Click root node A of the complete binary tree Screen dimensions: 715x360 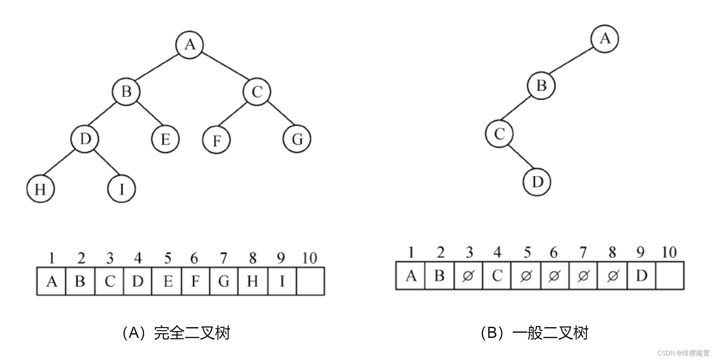click(189, 45)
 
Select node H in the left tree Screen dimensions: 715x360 click(40, 189)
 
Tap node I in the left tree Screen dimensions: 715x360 click(122, 189)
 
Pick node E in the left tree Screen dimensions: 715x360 click(165, 139)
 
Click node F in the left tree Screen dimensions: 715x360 click(216, 140)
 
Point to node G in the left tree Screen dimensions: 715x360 click(297, 139)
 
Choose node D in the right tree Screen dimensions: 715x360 click(537, 182)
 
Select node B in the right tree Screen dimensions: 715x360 click(541, 85)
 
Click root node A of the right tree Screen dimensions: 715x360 click(604, 39)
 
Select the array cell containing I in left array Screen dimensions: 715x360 click(282, 281)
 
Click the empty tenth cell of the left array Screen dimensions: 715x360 click(310, 281)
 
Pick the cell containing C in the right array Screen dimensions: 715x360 click(497, 275)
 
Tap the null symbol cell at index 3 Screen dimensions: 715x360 click(468, 275)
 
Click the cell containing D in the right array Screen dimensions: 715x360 click(641, 275)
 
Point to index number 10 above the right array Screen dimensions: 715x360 click(669, 252)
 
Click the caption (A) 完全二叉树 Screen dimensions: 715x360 click(176, 333)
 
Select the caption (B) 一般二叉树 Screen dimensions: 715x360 click(534, 333)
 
